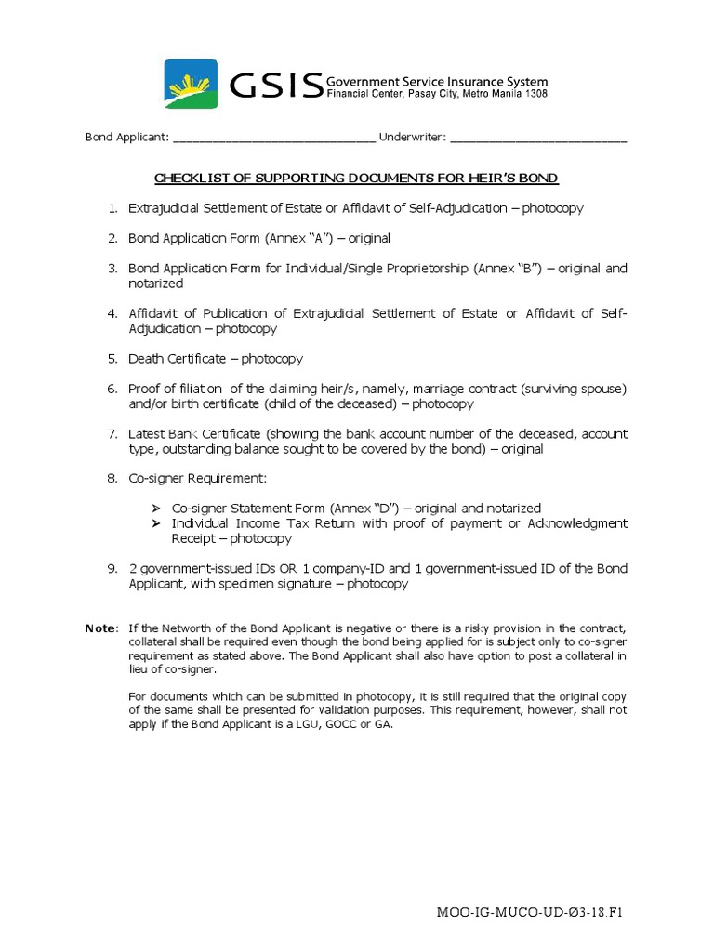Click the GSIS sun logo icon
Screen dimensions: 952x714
pos(191,85)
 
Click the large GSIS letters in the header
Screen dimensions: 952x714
pos(275,86)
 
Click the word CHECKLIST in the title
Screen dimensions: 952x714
pos(190,178)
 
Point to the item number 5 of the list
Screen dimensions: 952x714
pos(112,359)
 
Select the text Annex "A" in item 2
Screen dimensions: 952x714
pos(300,238)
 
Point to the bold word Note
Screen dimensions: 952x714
pos(101,628)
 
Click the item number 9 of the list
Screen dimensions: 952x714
pos(112,569)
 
